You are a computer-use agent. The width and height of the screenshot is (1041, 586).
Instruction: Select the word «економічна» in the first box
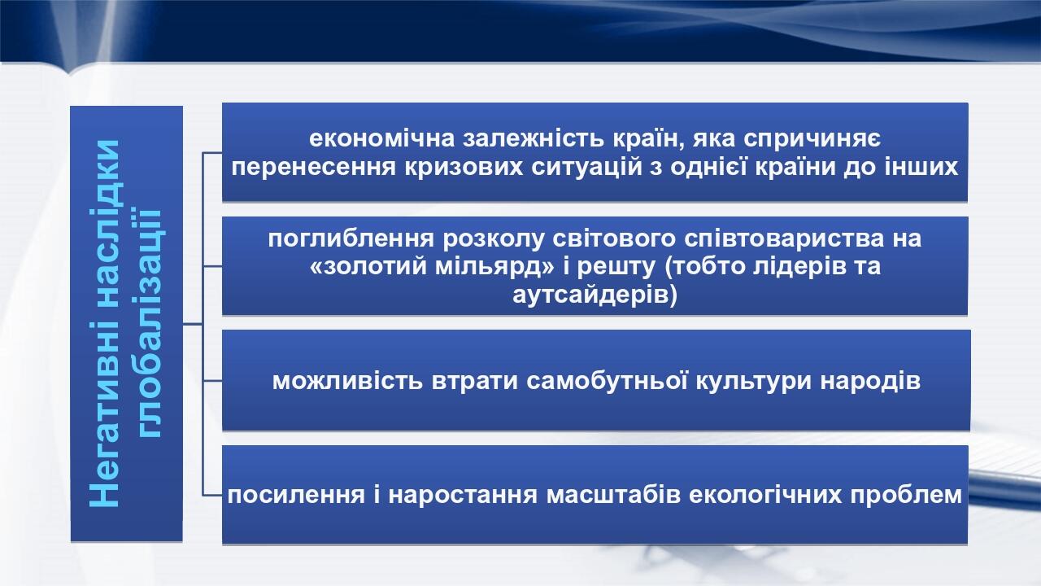point(381,138)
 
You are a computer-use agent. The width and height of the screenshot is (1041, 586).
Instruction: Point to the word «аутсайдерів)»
point(595,295)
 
